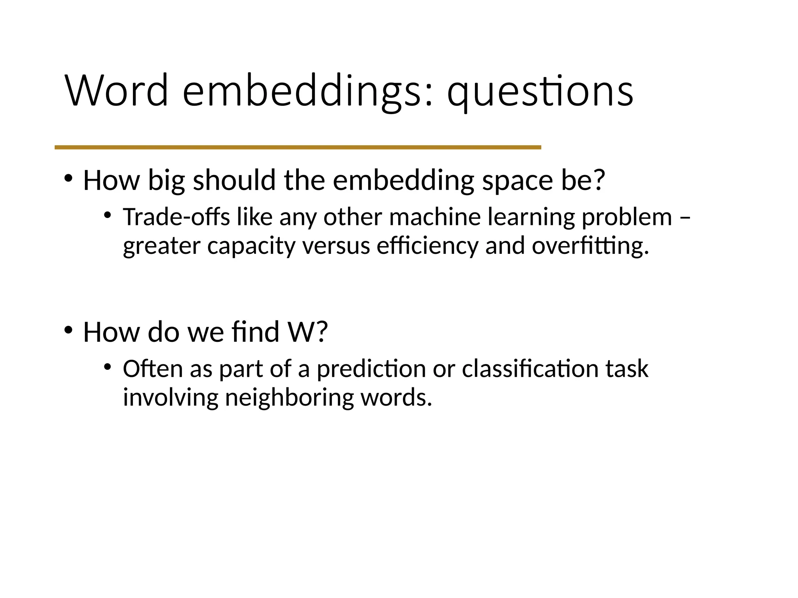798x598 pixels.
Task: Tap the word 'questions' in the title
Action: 540,92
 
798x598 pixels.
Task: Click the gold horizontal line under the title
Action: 298,147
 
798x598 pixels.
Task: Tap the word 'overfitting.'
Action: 590,246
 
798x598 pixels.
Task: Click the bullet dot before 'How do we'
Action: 69,331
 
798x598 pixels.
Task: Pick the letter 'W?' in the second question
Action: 307,332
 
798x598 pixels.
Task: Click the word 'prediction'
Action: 371,369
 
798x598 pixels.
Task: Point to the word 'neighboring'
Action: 289,398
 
